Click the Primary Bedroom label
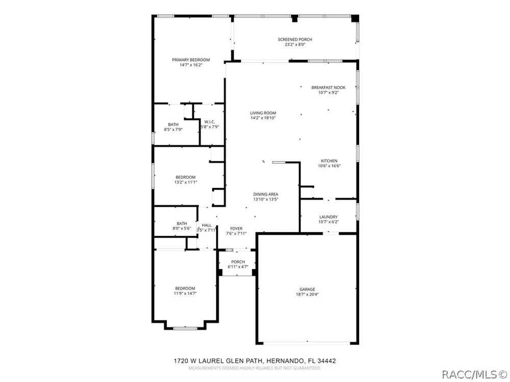click(x=191, y=60)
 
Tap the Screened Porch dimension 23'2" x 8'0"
click(x=295, y=44)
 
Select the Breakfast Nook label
click(x=328, y=88)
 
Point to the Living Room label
click(x=263, y=113)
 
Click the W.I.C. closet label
click(x=210, y=122)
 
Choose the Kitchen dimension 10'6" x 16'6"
click(x=329, y=166)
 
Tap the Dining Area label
click(x=266, y=194)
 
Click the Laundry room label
click(x=328, y=217)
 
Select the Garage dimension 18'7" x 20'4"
click(x=308, y=294)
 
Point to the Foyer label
click(x=237, y=229)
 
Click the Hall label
click(x=207, y=225)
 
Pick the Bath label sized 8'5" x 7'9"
click(x=173, y=124)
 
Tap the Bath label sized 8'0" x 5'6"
click(x=182, y=224)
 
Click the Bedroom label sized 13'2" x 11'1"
click(x=186, y=177)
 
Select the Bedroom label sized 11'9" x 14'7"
click(x=185, y=288)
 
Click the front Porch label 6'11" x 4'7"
click(x=238, y=262)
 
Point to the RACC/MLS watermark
click(x=475, y=374)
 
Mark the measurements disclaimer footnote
click(x=254, y=368)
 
